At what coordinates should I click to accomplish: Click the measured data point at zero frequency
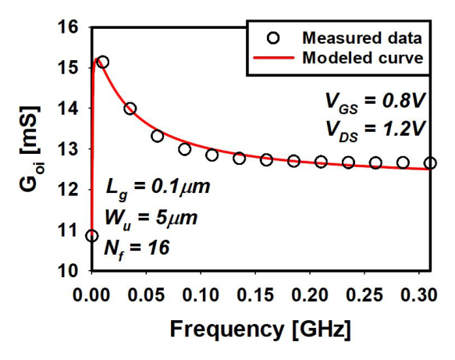pyautogui.click(x=92, y=236)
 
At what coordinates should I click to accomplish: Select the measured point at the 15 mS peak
pyautogui.click(x=102, y=62)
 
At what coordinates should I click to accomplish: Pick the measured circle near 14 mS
pyautogui.click(x=130, y=109)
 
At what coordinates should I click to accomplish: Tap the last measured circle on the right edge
pyautogui.click(x=430, y=163)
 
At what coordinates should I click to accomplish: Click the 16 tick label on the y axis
pyautogui.click(x=68, y=27)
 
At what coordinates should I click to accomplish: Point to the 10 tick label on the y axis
pyautogui.click(x=68, y=271)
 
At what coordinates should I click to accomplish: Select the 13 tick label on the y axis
pyautogui.click(x=68, y=149)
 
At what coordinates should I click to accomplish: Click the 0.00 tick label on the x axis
pyautogui.click(x=91, y=295)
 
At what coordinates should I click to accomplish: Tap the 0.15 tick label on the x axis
pyautogui.click(x=255, y=295)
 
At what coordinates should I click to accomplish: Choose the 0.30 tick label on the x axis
pyautogui.click(x=419, y=295)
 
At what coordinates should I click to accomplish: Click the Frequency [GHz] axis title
pyautogui.click(x=261, y=330)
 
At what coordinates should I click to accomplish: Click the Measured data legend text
pyautogui.click(x=362, y=38)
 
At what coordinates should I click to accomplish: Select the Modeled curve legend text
pyautogui.click(x=363, y=58)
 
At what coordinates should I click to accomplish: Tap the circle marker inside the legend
pyautogui.click(x=273, y=38)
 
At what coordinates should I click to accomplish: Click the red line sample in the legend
pyautogui.click(x=273, y=58)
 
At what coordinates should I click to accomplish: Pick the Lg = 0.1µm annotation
pyautogui.click(x=158, y=188)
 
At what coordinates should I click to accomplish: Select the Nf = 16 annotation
pyautogui.click(x=137, y=250)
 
